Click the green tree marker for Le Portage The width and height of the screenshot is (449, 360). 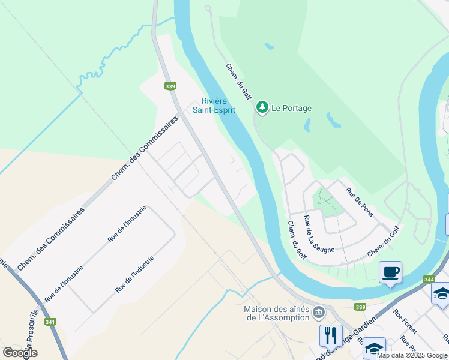pos(262,107)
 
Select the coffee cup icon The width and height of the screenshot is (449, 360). pos(390,272)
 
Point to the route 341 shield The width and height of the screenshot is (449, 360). pos(50,322)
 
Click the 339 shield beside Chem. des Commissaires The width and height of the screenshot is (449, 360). pos(170,86)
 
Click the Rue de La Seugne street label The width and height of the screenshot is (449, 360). pos(318,234)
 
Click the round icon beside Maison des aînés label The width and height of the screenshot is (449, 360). pos(319,312)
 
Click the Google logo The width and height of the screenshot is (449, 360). pos(20,353)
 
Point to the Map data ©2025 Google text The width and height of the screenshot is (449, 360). pos(412,355)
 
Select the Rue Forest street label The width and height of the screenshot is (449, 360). pos(405,322)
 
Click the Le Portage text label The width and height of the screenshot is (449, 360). pos(292,108)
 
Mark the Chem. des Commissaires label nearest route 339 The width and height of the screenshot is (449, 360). pos(145,149)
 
